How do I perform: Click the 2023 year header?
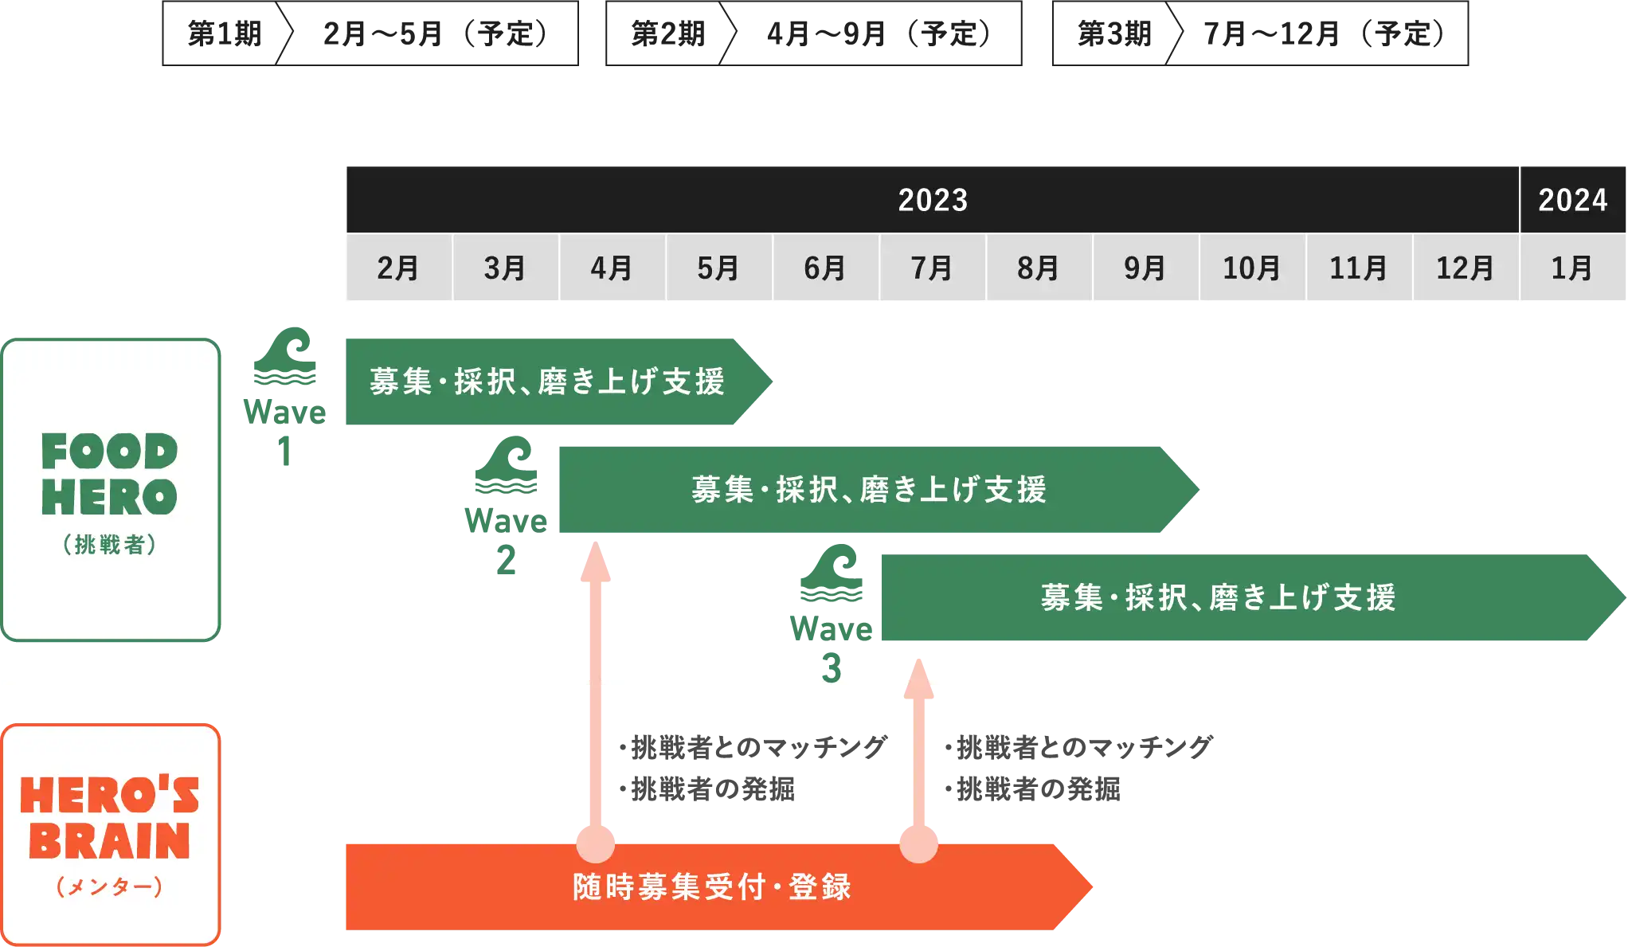[933, 200]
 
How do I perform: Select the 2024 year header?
[1572, 200]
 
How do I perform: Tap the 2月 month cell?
[398, 268]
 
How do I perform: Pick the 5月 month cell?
[718, 268]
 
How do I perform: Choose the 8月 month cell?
[1039, 268]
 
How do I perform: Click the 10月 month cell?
[1252, 268]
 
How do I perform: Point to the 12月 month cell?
[1466, 268]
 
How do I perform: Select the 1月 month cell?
[1572, 268]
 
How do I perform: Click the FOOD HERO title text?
[110, 475]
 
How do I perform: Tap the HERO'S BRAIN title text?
[110, 818]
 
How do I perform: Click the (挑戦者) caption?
[110, 545]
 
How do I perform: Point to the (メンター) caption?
[110, 886]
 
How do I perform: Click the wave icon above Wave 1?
[284, 356]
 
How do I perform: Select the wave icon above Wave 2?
[507, 465]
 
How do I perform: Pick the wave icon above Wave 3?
[832, 573]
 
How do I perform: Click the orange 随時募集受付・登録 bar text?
[712, 886]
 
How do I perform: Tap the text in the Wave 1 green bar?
[547, 382]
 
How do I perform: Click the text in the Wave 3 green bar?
[1218, 598]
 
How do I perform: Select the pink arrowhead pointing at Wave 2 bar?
[596, 562]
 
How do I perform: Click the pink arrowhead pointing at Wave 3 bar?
[918, 678]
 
